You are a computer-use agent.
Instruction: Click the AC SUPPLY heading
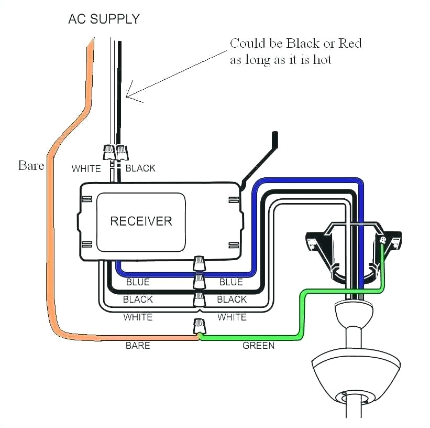pos(104,19)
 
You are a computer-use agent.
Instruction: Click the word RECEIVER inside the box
pos(141,220)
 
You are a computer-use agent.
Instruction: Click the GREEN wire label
pos(259,346)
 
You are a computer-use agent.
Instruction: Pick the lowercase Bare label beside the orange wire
pos(31,166)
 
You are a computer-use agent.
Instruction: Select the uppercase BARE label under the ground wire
pos(138,346)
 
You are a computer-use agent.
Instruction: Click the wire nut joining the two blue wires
pos(199,263)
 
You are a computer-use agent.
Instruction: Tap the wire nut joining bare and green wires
pos(199,326)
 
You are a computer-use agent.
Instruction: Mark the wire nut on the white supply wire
pos(109,152)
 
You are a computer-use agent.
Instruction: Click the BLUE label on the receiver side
pos(138,282)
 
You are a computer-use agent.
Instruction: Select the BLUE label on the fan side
pos(231,282)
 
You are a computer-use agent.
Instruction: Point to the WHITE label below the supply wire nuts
pos(86,168)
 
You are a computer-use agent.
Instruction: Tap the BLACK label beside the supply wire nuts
pos(140,168)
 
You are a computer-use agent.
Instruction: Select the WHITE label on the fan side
pos(232,317)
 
